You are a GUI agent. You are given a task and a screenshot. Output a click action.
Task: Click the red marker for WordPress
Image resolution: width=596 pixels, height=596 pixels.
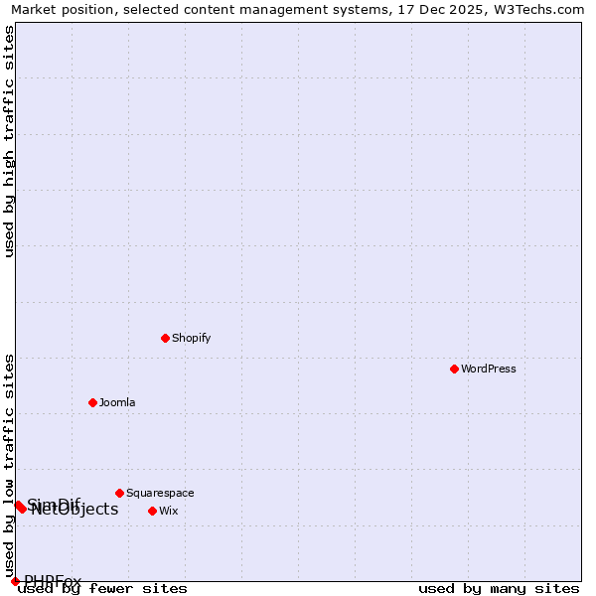(454, 369)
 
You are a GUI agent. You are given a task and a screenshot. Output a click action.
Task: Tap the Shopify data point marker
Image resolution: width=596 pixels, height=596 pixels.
(165, 338)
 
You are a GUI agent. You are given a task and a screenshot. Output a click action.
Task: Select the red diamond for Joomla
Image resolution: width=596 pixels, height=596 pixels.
(92, 402)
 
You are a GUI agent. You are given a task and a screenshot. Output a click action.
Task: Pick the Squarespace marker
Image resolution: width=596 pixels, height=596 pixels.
(119, 493)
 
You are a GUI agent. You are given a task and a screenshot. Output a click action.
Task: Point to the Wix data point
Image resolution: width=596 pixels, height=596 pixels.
(152, 511)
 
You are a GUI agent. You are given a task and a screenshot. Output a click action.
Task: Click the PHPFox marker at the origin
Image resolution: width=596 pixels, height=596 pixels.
(15, 581)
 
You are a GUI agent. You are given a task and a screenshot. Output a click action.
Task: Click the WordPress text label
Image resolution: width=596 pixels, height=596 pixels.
(489, 369)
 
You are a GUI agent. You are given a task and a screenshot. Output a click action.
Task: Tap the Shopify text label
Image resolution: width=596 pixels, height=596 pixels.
(192, 338)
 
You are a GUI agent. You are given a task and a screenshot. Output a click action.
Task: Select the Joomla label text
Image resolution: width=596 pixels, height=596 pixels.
(117, 402)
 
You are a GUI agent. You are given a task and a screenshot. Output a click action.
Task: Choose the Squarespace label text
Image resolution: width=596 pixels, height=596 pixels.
(160, 493)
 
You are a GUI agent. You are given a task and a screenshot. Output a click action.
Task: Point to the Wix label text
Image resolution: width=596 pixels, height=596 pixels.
(169, 511)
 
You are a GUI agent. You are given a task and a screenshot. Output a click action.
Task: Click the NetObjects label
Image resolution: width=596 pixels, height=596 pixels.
(75, 511)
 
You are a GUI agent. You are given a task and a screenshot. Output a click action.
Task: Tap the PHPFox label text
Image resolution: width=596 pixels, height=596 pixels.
(53, 581)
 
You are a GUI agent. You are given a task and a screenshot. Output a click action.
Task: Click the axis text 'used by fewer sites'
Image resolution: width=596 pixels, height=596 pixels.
(102, 589)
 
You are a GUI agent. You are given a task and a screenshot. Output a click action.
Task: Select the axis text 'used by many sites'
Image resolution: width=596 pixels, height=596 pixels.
(499, 589)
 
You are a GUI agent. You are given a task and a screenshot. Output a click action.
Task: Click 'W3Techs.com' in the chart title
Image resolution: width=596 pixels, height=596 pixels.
(543, 9)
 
